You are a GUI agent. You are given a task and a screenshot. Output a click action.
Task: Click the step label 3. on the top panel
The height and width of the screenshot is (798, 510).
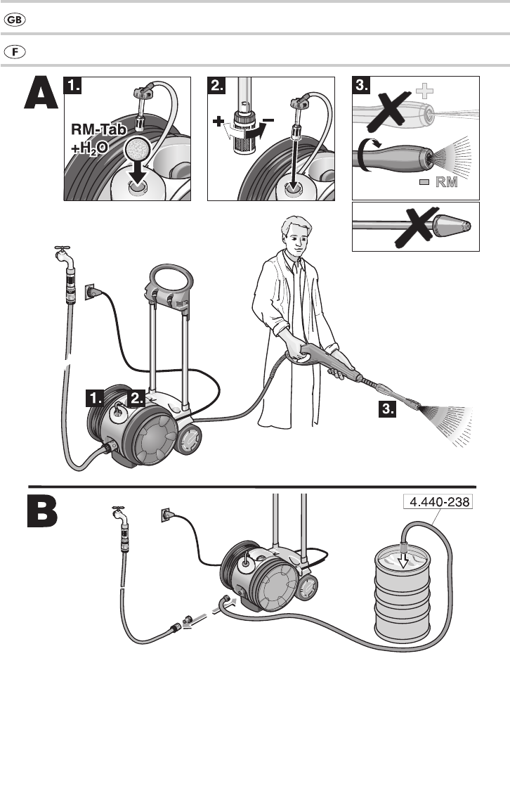pyautogui.click(x=362, y=86)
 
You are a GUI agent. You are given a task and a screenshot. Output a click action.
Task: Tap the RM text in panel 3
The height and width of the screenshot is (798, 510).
pyautogui.click(x=446, y=183)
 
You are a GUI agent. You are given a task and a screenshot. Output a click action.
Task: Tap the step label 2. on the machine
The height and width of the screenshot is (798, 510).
pyautogui.click(x=136, y=399)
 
